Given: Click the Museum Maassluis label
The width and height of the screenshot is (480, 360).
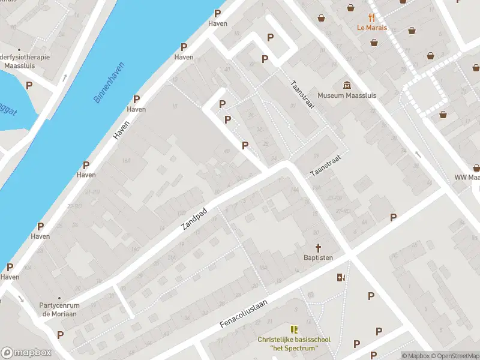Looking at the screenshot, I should pyautogui.click(x=347, y=95).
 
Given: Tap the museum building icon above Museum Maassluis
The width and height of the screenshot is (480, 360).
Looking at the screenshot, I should pyautogui.click(x=347, y=85).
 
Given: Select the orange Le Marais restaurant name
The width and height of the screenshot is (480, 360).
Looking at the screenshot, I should pyautogui.click(x=372, y=28).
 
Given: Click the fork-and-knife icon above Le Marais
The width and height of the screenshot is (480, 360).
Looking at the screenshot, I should pyautogui.click(x=372, y=17).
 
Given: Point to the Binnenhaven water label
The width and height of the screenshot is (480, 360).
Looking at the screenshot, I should pyautogui.click(x=109, y=82).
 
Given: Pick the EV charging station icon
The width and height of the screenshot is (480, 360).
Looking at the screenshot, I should pyautogui.click(x=341, y=277).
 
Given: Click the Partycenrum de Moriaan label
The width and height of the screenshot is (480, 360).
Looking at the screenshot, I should pyautogui.click(x=59, y=309).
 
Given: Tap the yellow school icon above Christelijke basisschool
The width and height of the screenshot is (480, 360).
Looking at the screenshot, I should pyautogui.click(x=294, y=329).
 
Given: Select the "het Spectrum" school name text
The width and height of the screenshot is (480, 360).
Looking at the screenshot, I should pyautogui.click(x=294, y=348).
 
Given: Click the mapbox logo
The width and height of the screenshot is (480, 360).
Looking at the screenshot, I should pyautogui.click(x=26, y=353).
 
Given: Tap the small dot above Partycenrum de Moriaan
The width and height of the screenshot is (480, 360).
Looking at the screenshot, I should pyautogui.click(x=59, y=298).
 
